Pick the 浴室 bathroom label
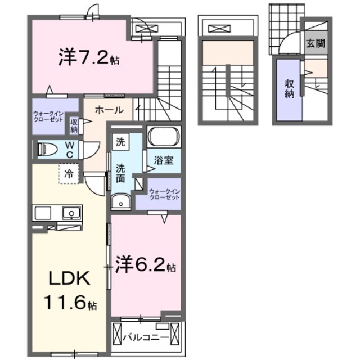164,160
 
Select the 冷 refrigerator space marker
69,174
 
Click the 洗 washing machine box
120,141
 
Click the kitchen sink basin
71,213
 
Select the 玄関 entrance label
316,43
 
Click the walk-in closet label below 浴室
164,194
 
